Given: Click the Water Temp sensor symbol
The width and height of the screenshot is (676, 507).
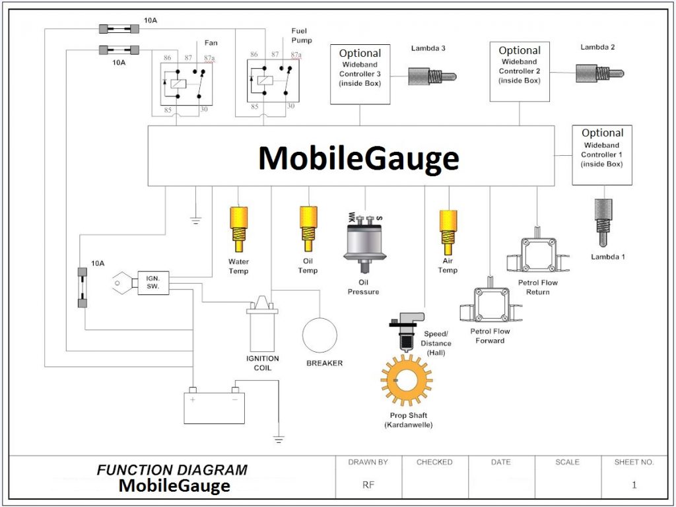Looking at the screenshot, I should click(x=238, y=228).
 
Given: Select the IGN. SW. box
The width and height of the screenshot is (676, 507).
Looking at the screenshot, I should click(x=153, y=283).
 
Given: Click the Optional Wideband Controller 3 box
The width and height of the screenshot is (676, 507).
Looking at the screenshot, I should click(x=360, y=74).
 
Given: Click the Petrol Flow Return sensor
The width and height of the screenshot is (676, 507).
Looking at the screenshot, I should click(x=538, y=255).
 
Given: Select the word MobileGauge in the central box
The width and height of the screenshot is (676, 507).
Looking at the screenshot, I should click(x=358, y=159).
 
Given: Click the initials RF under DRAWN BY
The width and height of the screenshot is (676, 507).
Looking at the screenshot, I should click(x=368, y=485).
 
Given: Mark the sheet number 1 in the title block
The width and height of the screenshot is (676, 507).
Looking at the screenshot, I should click(x=634, y=485).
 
